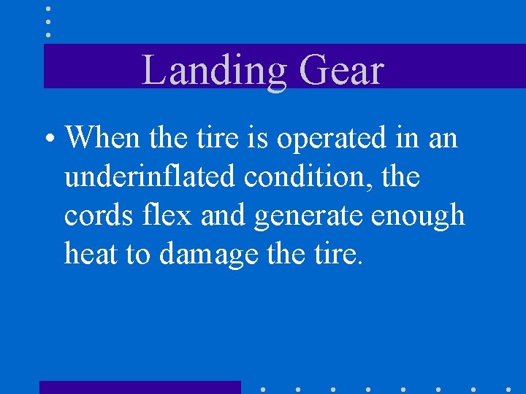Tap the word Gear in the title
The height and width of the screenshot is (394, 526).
coord(342,72)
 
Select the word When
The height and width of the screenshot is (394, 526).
coord(103,136)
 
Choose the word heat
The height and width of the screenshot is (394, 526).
coord(91,255)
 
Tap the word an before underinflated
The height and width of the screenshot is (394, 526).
coord(443,138)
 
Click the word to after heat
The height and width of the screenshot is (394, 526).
coord(140,255)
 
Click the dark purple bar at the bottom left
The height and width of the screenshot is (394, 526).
coord(140,387)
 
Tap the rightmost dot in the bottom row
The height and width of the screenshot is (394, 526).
coord(508,389)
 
